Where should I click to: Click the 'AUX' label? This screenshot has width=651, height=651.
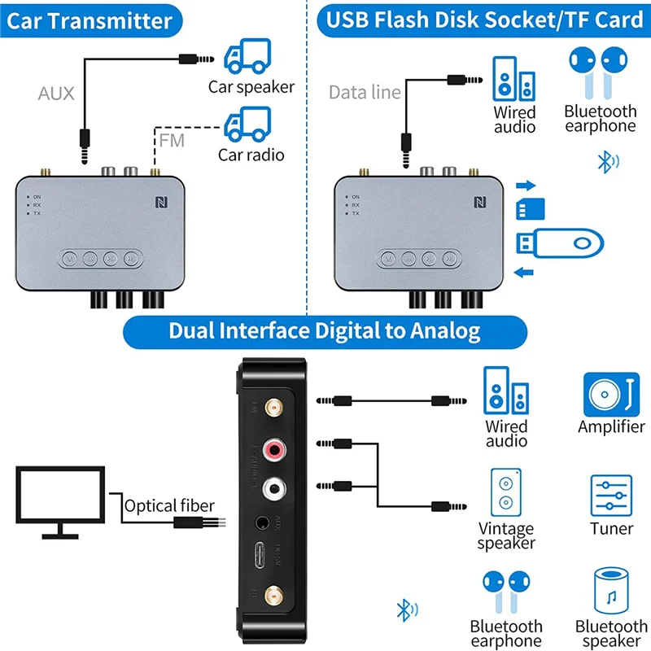coord(56,94)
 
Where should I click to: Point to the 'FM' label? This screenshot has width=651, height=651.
coord(172,140)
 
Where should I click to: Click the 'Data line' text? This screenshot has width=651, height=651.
coord(365,92)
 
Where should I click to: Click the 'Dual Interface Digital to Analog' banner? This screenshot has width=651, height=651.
coord(324,330)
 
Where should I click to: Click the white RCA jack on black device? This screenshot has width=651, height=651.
coord(273,487)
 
